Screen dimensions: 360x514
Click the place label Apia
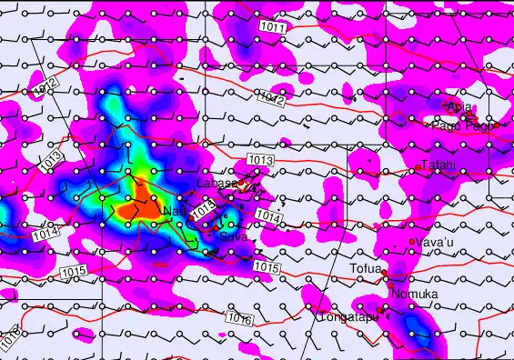point(460,108)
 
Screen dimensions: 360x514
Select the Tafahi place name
point(438,165)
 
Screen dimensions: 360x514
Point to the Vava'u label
point(434,242)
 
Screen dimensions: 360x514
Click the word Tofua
point(366,269)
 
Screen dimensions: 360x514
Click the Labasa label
point(217,184)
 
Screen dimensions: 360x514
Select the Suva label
point(233,235)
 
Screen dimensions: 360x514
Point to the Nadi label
point(172,212)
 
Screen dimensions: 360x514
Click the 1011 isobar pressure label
point(277,28)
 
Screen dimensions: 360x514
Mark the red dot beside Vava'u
point(412,242)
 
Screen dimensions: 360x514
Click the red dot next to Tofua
point(385,272)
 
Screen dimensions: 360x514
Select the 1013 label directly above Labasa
point(259,161)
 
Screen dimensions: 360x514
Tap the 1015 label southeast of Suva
point(265,266)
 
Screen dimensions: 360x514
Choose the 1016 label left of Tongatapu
point(238,319)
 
